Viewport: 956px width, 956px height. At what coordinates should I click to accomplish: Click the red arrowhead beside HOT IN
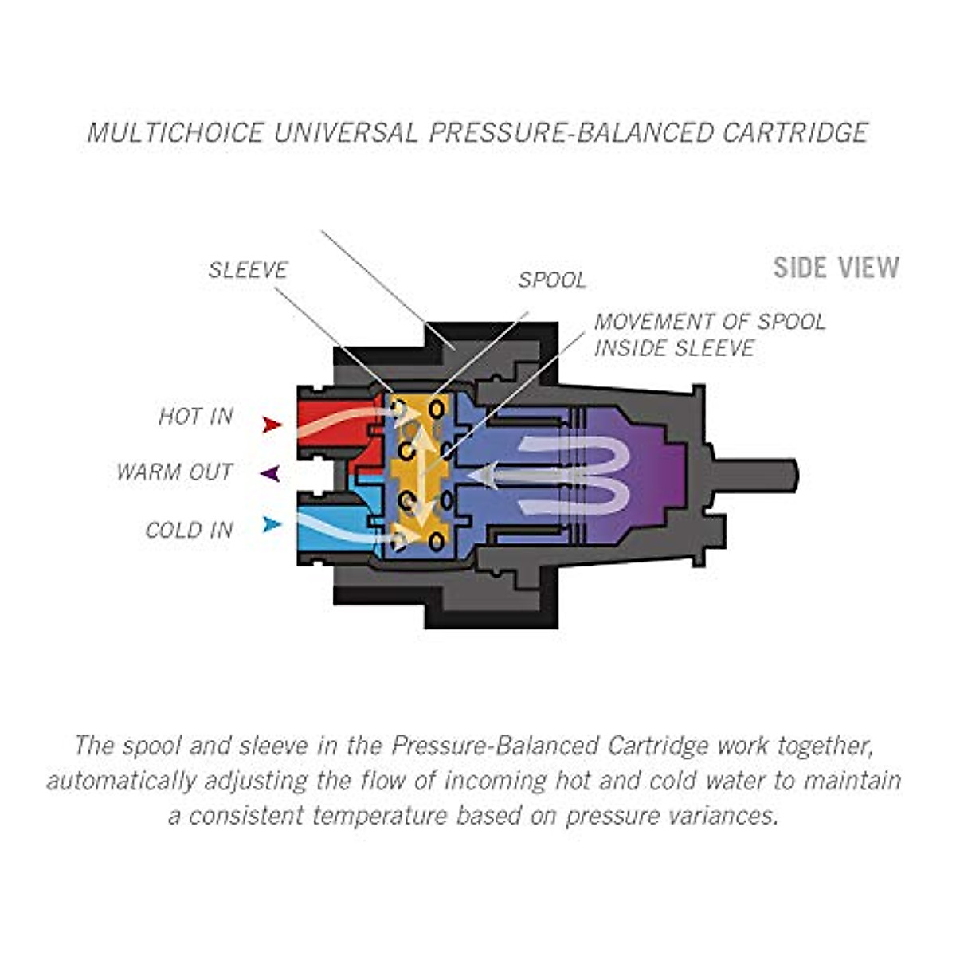pos(272,425)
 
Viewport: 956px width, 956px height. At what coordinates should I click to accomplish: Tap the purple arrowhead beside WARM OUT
pos(270,474)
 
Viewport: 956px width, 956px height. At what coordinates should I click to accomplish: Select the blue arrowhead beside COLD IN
pos(272,524)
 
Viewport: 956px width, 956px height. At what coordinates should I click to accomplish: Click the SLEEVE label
pos(248,270)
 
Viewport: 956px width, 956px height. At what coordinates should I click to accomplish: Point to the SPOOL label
pos(552,280)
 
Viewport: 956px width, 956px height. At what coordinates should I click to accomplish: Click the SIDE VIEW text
pos(836,268)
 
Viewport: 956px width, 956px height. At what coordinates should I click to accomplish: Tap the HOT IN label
pos(196,417)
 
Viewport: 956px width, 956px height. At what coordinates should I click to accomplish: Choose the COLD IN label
pos(189,531)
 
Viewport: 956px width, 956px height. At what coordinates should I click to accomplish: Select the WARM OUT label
pos(174,472)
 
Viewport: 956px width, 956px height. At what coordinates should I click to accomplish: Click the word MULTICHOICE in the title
pos(175,133)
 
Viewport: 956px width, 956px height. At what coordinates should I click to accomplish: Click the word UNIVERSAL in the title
pos(346,133)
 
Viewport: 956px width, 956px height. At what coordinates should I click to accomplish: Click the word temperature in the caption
pos(380,816)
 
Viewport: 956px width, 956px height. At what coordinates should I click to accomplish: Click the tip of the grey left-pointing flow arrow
pos(468,476)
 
